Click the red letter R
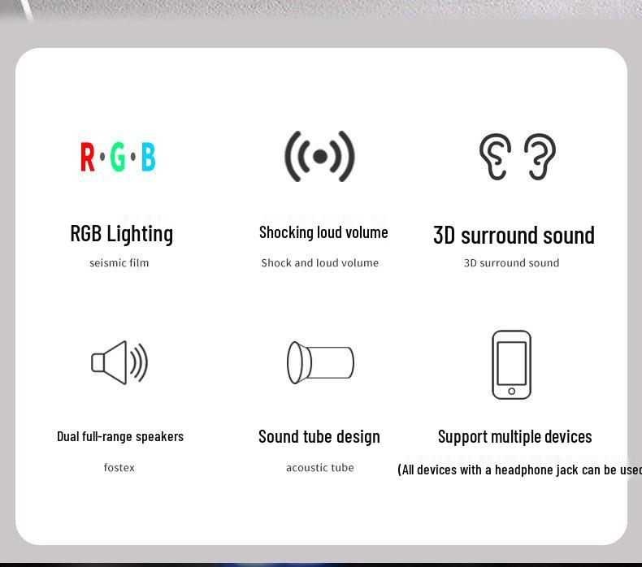point(88,157)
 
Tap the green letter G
point(118,157)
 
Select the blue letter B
point(148,157)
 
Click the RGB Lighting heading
point(122,234)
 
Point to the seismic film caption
point(119,263)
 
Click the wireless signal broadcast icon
point(320,156)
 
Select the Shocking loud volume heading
point(323,232)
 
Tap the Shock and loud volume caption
point(320,263)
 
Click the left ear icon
point(495,156)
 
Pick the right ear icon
point(540,156)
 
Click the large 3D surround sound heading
point(514,236)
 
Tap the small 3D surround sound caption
point(511,263)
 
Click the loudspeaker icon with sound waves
point(119,362)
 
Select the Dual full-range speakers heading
point(120,436)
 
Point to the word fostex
point(119,468)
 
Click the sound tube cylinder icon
point(320,362)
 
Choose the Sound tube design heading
point(319,437)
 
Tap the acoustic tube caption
point(320,468)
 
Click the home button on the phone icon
point(511,392)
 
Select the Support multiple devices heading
point(515,437)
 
